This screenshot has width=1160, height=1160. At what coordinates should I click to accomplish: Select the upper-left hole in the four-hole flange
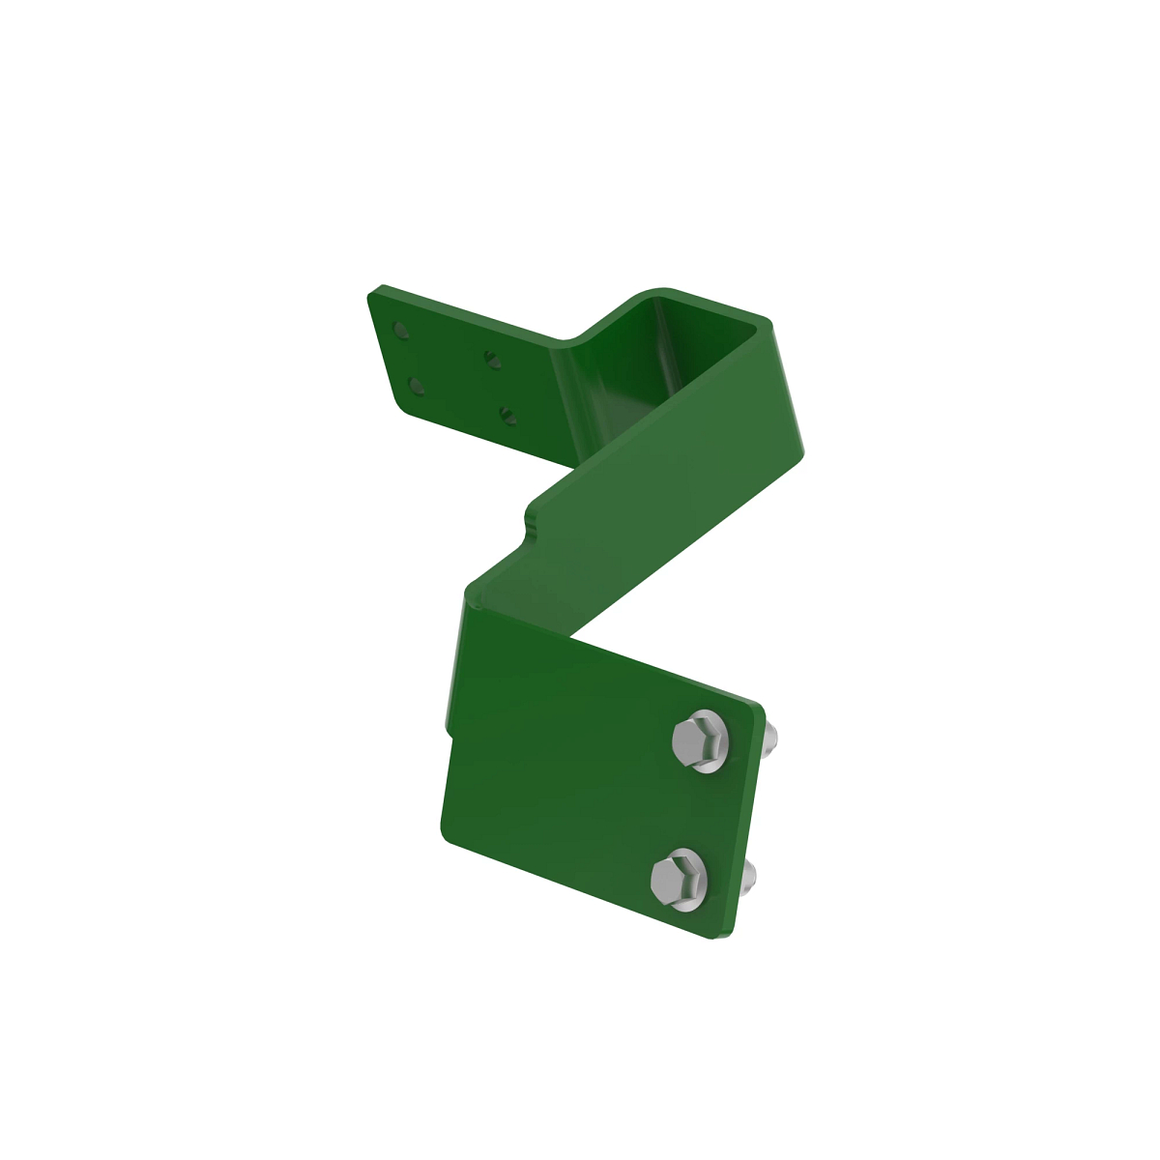[399, 333]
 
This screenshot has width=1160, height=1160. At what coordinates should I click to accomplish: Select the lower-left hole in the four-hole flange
[417, 386]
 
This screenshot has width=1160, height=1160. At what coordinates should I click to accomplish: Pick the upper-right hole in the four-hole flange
[492, 360]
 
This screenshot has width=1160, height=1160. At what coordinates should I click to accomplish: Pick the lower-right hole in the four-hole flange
[507, 416]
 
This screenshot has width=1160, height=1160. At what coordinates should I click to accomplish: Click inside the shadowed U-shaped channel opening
[667, 358]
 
